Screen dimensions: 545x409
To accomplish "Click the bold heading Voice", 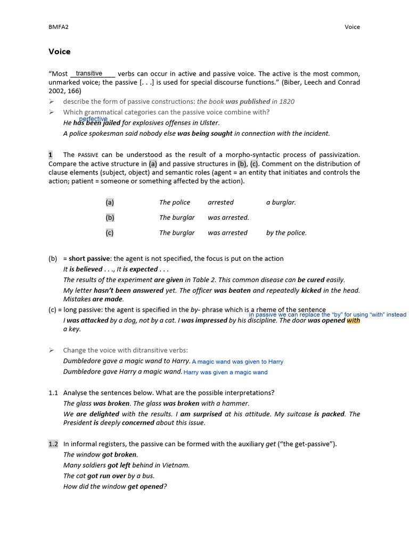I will pos(59,52).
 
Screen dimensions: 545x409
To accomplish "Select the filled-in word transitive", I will pos(89,73).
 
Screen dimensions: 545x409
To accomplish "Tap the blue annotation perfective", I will pos(93,119).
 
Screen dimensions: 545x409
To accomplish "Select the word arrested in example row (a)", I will pos(220,202).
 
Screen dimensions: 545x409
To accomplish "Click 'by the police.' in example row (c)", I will pos(286,233).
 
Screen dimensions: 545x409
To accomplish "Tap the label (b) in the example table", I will pos(110,218).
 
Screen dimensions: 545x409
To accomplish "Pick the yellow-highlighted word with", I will pos(353,320).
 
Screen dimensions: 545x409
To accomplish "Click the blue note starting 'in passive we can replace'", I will pos(328,315).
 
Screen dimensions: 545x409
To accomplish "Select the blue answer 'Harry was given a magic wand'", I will pos(226,373).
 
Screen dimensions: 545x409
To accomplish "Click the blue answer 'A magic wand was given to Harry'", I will pos(238,361).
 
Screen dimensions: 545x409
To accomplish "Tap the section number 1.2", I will pos(53,444).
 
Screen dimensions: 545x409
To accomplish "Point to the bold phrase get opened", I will pos(145,486).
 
